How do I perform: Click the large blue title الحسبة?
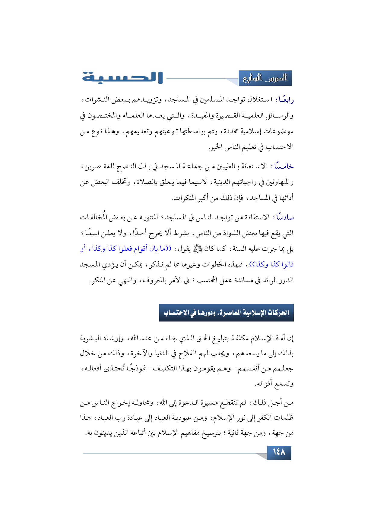(x=122, y=78)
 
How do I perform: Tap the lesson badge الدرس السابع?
(x=265, y=78)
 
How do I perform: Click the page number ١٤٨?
(x=279, y=452)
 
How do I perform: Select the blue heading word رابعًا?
(x=285, y=99)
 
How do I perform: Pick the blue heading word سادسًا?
(x=285, y=217)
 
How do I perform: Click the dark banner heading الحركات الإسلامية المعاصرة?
(x=226, y=313)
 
